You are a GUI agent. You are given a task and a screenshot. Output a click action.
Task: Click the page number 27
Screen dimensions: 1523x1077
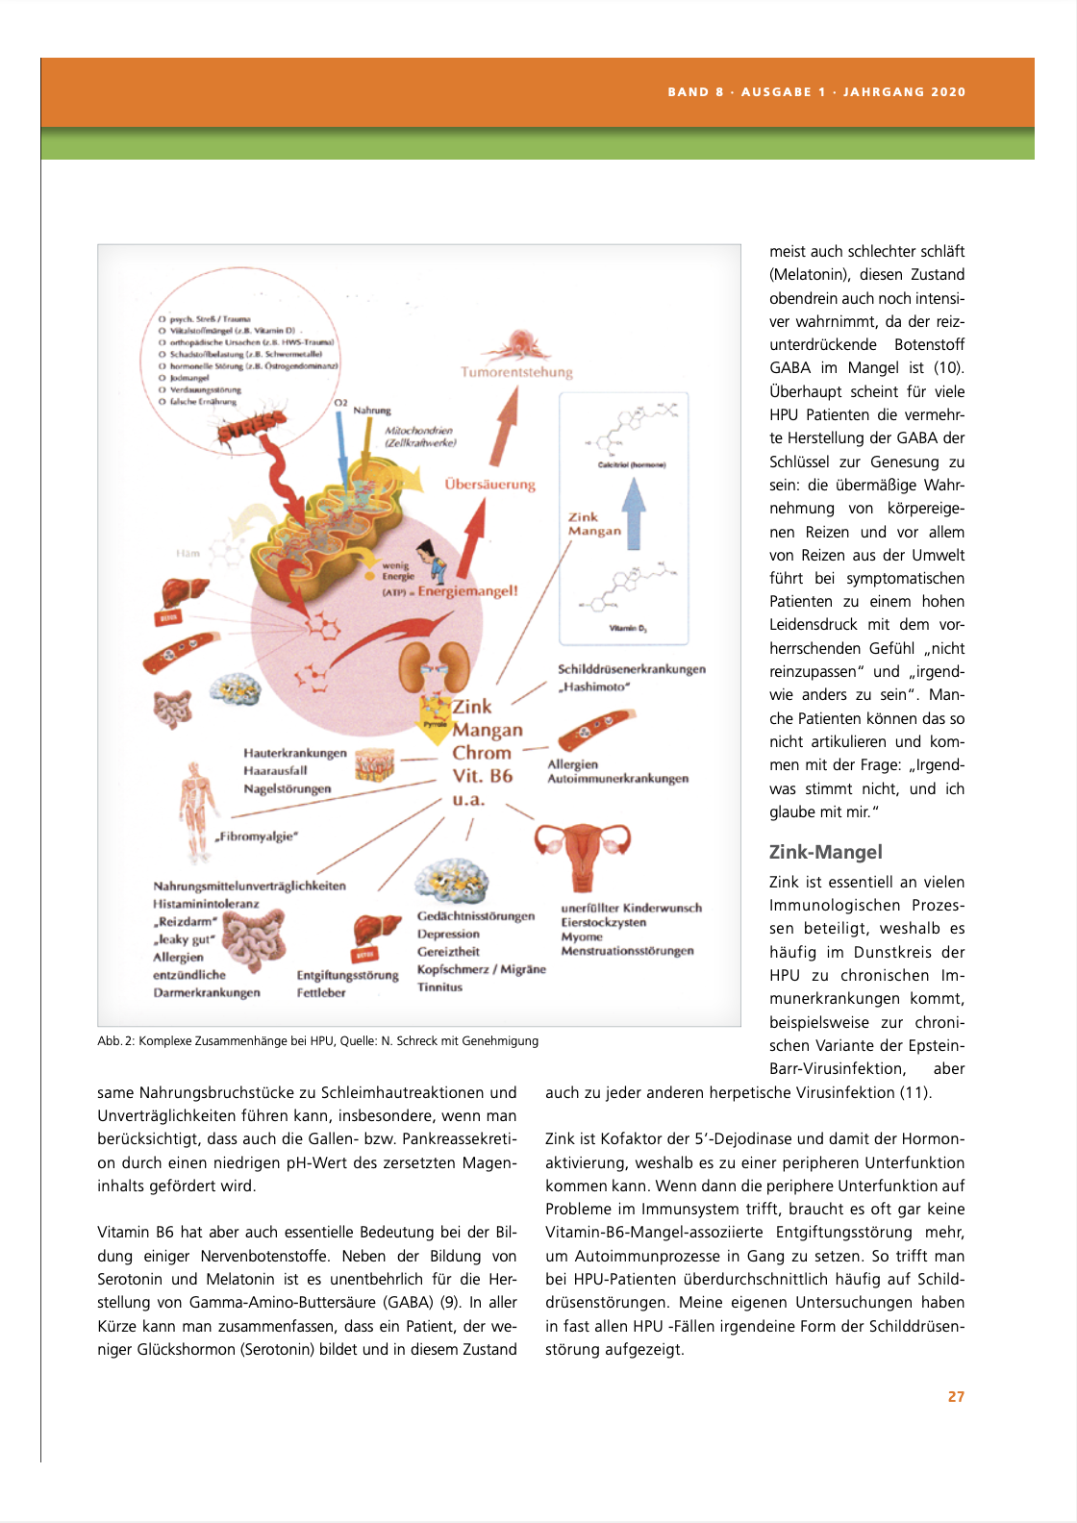956,1397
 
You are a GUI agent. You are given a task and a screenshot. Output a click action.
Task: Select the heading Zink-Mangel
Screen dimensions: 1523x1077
825,852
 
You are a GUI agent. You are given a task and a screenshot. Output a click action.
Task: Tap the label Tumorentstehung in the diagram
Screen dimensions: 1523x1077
516,372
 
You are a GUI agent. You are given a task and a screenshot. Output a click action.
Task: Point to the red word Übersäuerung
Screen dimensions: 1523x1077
489,485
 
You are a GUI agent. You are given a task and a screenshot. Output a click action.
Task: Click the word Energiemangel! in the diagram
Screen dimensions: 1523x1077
467,591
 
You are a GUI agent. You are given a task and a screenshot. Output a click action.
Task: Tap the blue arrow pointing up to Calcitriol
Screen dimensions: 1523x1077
633,512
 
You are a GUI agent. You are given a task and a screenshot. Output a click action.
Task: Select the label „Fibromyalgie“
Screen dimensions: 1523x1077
256,836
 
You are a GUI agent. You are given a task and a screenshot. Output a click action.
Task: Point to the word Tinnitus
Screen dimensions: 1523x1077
439,987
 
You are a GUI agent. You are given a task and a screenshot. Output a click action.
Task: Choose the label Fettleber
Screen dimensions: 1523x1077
321,993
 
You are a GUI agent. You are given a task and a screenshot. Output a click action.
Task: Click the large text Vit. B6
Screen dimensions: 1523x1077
483,776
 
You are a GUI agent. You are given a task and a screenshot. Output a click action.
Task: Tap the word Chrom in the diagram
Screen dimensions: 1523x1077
482,753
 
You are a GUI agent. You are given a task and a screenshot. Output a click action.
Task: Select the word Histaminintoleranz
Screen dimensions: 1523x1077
206,904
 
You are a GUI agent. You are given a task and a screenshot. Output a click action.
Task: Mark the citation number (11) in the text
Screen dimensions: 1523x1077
914,1092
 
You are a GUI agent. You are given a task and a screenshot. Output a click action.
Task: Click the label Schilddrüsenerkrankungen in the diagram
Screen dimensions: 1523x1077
632,669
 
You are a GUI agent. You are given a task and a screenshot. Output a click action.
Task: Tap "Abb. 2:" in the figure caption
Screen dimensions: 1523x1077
115,1041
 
